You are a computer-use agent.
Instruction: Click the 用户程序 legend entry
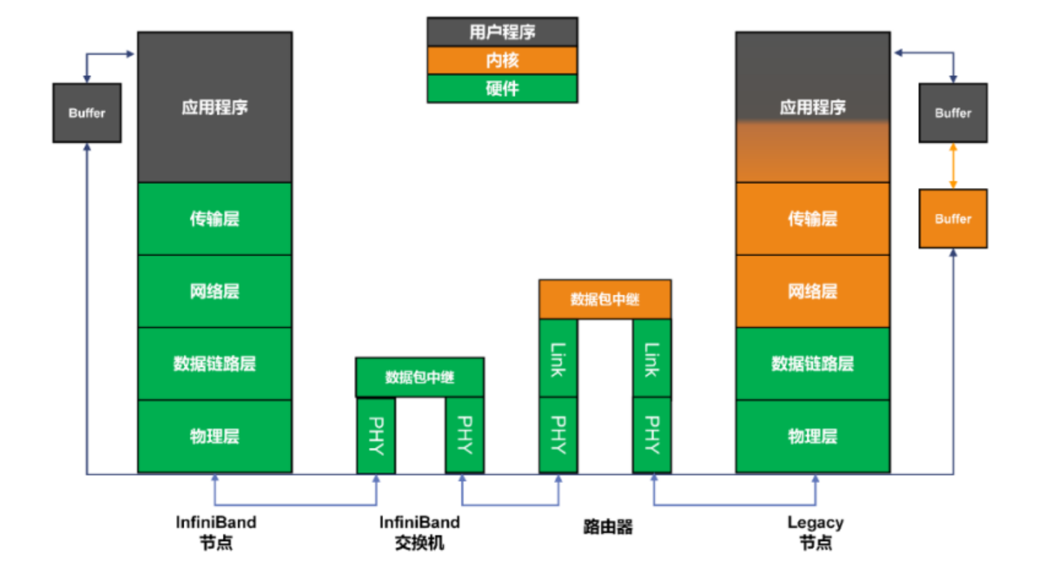(x=502, y=33)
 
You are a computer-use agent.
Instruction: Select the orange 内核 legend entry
(x=502, y=60)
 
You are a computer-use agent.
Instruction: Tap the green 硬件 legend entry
(x=502, y=88)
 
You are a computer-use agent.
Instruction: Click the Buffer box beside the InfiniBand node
(x=87, y=113)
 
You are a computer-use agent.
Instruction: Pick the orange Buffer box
(x=953, y=219)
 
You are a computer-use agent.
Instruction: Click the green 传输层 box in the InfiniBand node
(x=214, y=219)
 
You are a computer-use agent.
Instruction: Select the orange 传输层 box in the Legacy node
(x=813, y=219)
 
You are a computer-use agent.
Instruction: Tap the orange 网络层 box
(x=813, y=291)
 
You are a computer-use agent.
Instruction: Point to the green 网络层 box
(x=214, y=291)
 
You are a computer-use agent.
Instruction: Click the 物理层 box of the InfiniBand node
(x=214, y=436)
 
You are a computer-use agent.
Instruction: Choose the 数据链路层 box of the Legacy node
(x=813, y=364)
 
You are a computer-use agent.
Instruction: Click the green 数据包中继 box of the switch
(x=419, y=378)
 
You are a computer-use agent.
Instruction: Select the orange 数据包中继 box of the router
(x=605, y=299)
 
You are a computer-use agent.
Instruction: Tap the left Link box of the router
(x=558, y=360)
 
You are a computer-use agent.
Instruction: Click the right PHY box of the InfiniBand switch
(x=464, y=436)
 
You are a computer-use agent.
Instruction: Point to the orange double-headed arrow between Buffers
(x=953, y=166)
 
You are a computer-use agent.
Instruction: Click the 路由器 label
(x=604, y=526)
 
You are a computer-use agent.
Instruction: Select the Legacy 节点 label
(x=815, y=532)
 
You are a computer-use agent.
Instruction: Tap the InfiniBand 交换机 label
(x=419, y=532)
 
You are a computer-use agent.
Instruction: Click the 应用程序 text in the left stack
(x=214, y=107)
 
